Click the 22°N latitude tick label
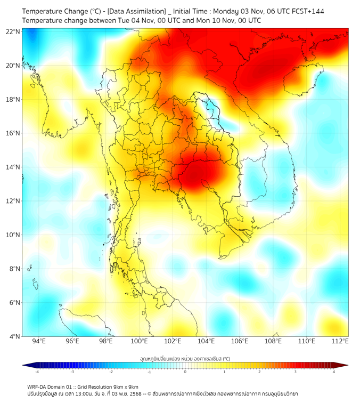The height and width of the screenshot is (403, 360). [x=13, y=31]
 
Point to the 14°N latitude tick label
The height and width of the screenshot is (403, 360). [x=13, y=167]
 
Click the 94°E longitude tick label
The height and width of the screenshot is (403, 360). [x=39, y=342]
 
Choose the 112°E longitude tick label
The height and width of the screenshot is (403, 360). [x=340, y=342]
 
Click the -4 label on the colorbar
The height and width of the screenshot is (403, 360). [x=36, y=372]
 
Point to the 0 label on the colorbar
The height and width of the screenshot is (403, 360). [x=185, y=372]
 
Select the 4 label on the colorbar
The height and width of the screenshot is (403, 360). [x=334, y=372]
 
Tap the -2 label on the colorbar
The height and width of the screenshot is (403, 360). [x=111, y=372]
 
